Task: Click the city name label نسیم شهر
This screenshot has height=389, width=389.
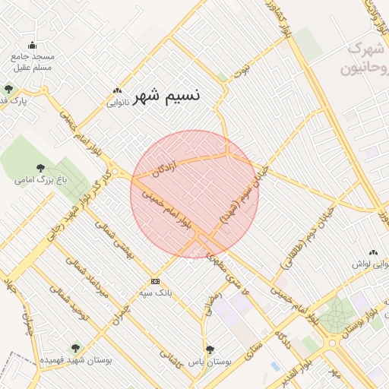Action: point(167,96)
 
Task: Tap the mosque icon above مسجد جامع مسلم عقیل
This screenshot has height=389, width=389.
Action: point(32,45)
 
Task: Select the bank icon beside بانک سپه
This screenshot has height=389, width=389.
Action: point(155,280)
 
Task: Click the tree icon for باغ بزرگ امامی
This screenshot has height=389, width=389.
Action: point(40,168)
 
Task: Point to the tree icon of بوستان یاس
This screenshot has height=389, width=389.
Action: point(210,350)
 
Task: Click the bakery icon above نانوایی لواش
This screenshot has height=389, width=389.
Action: point(373,252)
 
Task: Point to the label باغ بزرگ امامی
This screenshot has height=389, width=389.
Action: point(40,181)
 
